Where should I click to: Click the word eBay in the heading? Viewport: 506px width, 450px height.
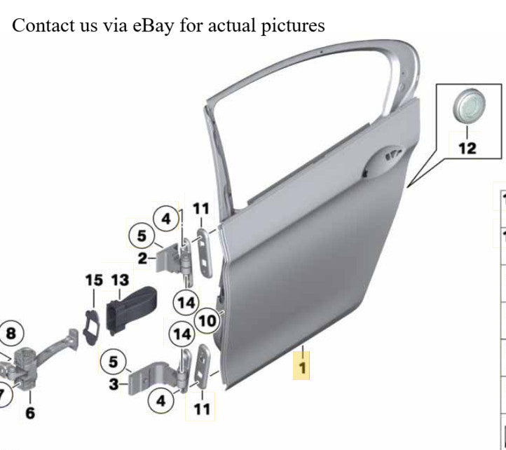tap(153, 26)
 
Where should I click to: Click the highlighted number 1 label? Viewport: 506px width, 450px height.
tap(302, 368)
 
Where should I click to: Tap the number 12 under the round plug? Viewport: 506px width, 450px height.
tap(467, 149)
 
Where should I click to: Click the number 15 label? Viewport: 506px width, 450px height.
tap(94, 280)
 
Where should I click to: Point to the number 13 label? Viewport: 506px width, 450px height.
tap(120, 280)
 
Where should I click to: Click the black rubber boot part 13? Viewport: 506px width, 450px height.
tap(131, 310)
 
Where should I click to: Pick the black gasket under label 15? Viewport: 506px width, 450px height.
tap(92, 327)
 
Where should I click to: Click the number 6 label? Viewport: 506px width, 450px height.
tap(30, 413)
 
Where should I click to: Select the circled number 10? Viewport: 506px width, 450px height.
tap(207, 321)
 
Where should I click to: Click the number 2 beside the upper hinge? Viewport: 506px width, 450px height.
tap(142, 259)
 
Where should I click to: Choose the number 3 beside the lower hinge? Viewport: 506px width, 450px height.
tap(114, 384)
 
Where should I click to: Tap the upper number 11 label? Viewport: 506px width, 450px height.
tap(201, 209)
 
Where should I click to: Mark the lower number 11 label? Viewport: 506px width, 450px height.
tap(202, 409)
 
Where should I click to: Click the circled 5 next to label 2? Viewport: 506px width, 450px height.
tap(142, 236)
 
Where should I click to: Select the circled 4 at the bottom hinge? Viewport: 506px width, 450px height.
tap(160, 401)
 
